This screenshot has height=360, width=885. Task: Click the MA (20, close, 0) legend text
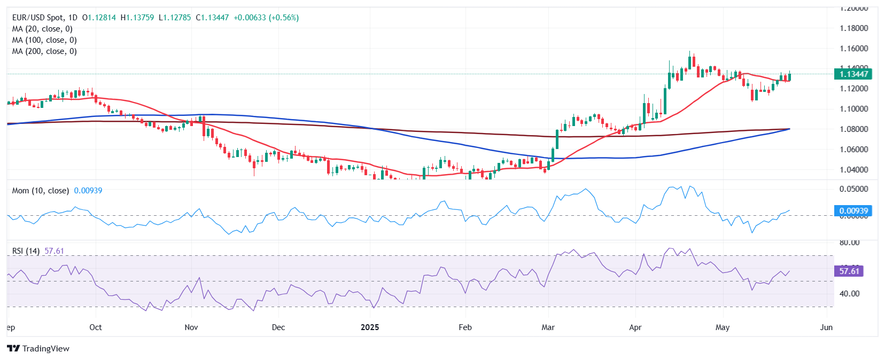tap(42, 29)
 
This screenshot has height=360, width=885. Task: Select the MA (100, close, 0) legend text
tap(44, 40)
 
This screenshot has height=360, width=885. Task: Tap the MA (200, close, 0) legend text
tap(44, 51)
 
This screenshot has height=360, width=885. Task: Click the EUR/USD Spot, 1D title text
tap(45, 18)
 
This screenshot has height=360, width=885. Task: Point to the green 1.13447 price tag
tap(853, 74)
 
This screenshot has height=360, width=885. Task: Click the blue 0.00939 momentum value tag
tap(853, 210)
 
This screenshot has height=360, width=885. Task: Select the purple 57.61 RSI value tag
tap(849, 271)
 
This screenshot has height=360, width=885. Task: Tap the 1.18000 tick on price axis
tap(853, 28)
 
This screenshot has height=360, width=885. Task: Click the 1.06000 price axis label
tap(853, 150)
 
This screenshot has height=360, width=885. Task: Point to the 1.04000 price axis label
tap(853, 170)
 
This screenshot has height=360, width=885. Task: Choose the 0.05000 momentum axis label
tap(853, 189)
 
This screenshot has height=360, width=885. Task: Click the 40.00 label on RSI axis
tap(850, 293)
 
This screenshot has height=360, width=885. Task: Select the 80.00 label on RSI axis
tap(850, 242)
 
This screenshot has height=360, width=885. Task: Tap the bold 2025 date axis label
tap(370, 327)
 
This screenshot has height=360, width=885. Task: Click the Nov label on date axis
tap(191, 327)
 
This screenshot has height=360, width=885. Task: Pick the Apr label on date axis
tap(635, 327)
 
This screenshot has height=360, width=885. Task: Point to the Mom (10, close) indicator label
tap(41, 191)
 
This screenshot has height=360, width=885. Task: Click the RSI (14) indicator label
tap(26, 251)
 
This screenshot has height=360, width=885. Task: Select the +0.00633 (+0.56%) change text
tap(266, 18)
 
